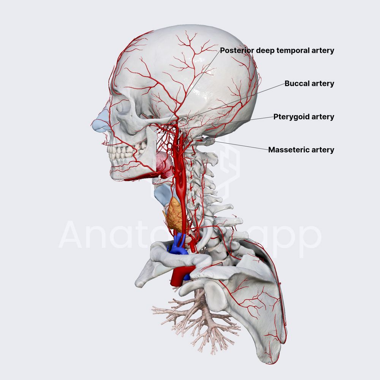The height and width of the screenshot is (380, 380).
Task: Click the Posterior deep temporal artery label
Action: (x=277, y=50)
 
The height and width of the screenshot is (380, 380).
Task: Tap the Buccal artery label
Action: (x=309, y=84)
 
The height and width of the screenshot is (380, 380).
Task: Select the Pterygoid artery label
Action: (x=304, y=117)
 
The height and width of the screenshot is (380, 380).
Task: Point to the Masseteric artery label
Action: (x=301, y=150)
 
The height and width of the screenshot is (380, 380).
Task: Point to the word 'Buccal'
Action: (x=296, y=84)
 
